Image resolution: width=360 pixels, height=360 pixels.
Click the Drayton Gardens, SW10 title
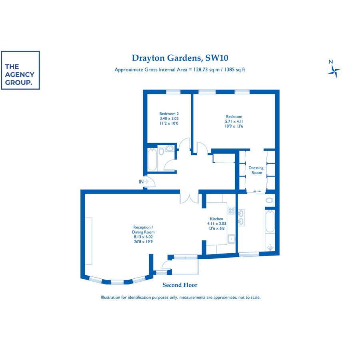point(180,58)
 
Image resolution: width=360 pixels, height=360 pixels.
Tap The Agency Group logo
point(20,70)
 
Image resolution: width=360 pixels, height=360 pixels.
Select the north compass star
point(334,71)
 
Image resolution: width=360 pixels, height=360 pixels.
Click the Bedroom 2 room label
point(169,114)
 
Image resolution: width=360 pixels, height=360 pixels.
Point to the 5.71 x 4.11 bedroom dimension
point(234,121)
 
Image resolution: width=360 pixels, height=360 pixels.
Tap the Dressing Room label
point(256,170)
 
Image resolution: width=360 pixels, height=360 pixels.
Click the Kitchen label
point(216,219)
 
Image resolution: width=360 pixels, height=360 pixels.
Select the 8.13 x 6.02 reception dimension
point(143,237)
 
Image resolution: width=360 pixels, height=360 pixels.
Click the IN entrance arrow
point(146,182)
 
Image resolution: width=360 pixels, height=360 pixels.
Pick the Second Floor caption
point(180,285)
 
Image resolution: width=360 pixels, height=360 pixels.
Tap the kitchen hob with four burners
point(232,210)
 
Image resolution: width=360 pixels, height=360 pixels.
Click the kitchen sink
point(232,239)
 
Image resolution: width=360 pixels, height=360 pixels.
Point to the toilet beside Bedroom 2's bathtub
point(161,151)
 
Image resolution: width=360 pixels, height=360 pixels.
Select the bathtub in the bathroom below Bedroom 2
point(152,160)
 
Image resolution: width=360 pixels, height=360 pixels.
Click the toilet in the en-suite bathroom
point(270,200)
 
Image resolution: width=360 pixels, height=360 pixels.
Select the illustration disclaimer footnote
point(181,297)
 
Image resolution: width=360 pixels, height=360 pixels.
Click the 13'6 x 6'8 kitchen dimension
point(216,228)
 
